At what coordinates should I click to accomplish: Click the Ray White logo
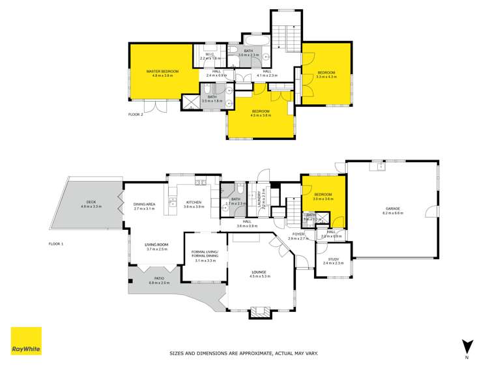(26, 341)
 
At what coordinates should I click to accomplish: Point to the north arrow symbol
(466, 346)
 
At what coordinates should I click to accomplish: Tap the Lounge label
(260, 274)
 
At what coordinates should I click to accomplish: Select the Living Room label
(156, 246)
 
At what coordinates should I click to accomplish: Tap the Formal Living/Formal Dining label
(204, 254)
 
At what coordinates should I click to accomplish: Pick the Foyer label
(298, 235)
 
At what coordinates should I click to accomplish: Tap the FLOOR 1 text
(57, 244)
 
